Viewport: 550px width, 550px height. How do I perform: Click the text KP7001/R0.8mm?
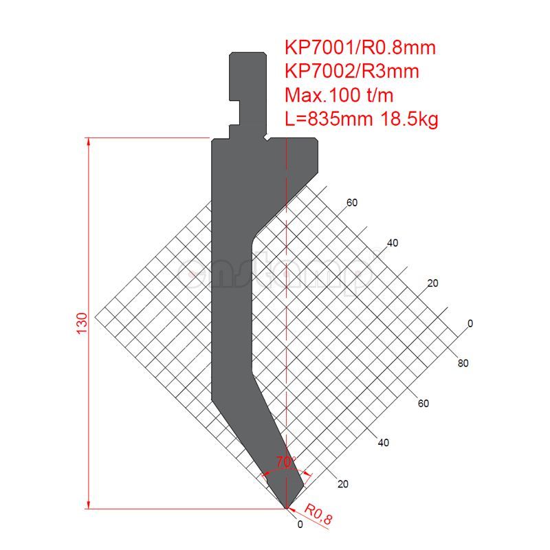click(x=360, y=47)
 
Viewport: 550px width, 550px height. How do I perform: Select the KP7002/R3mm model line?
click(x=352, y=71)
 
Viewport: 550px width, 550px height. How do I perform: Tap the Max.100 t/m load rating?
click(x=339, y=95)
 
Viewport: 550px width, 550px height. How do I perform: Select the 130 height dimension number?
click(x=82, y=323)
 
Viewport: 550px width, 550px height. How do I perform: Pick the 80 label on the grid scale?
click(x=463, y=364)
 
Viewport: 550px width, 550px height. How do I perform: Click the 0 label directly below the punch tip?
click(x=300, y=525)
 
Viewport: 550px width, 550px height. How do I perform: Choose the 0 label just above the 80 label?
click(x=470, y=323)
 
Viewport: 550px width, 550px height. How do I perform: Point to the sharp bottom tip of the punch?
click(x=286, y=508)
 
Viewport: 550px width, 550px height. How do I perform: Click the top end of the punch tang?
click(x=247, y=52)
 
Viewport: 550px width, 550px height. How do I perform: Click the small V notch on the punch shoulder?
click(x=265, y=139)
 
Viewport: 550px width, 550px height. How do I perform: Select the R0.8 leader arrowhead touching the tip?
click(x=290, y=509)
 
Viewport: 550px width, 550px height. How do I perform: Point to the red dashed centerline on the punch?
click(x=286, y=309)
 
